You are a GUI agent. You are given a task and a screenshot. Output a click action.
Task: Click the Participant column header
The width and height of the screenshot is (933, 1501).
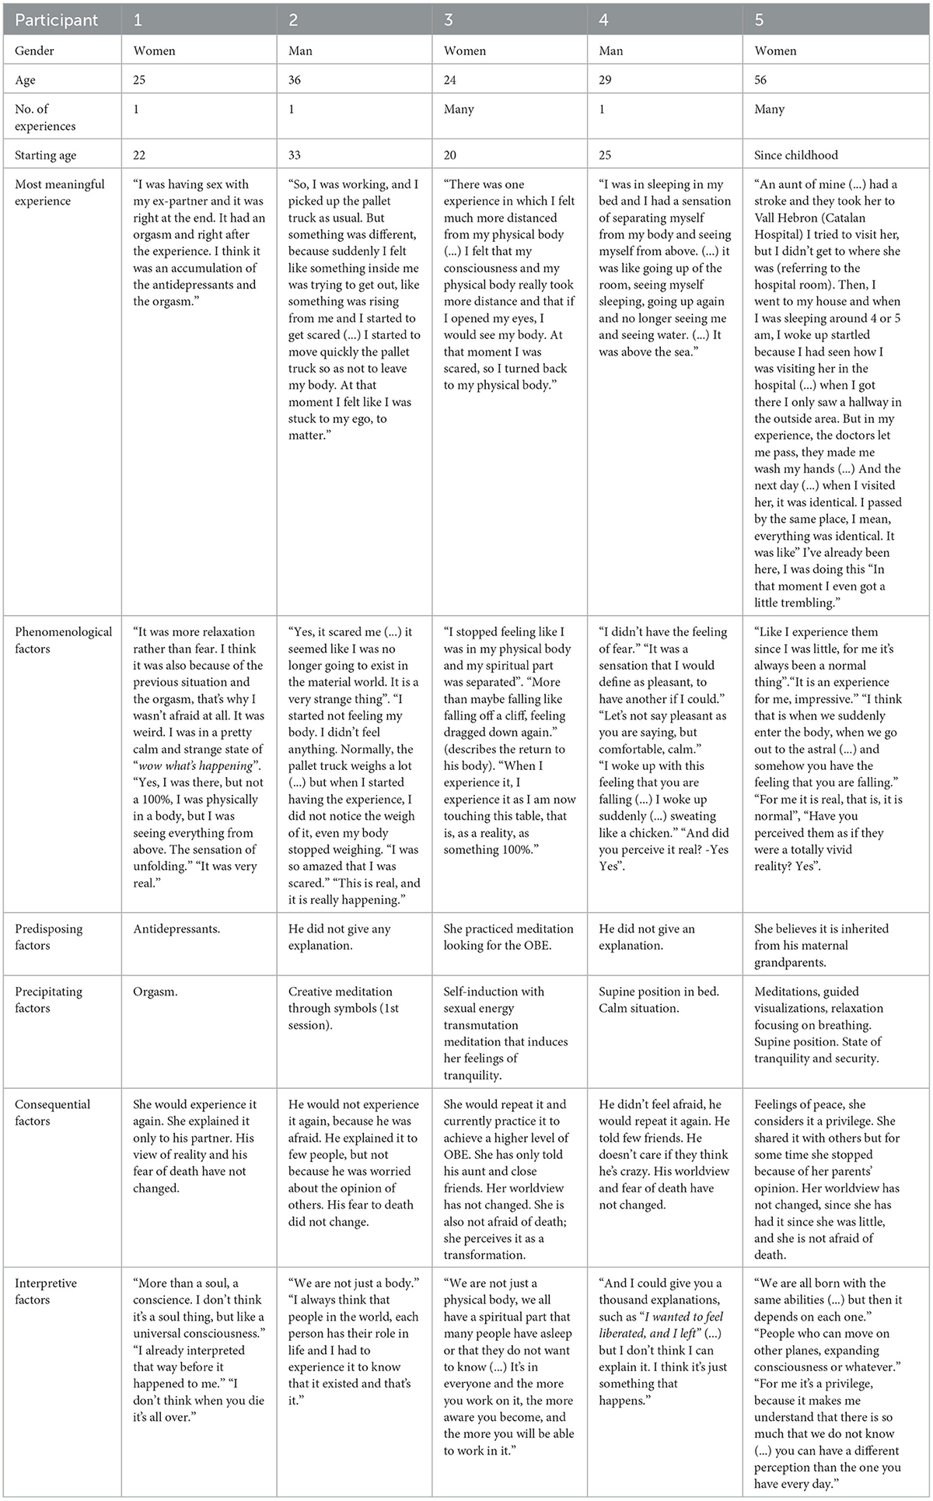point(57,20)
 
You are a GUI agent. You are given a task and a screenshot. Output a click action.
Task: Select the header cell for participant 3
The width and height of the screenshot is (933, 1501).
point(449,20)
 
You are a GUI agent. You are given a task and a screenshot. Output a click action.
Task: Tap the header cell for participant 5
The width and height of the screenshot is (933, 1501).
point(760,20)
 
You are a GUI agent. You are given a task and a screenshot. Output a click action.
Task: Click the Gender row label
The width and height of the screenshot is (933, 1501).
point(35,51)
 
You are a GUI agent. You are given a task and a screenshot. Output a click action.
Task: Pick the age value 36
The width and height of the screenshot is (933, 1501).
point(295,80)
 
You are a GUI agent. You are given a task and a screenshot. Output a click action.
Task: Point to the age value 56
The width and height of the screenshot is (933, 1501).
point(761,80)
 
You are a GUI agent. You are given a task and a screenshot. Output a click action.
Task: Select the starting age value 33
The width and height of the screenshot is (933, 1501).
point(295,155)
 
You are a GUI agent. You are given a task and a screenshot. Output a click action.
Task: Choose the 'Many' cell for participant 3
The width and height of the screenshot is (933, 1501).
point(459,110)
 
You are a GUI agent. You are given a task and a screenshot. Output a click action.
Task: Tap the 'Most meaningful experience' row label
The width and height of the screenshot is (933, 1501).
point(59,193)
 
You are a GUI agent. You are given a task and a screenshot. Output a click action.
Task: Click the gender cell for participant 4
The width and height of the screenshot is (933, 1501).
point(611,51)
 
